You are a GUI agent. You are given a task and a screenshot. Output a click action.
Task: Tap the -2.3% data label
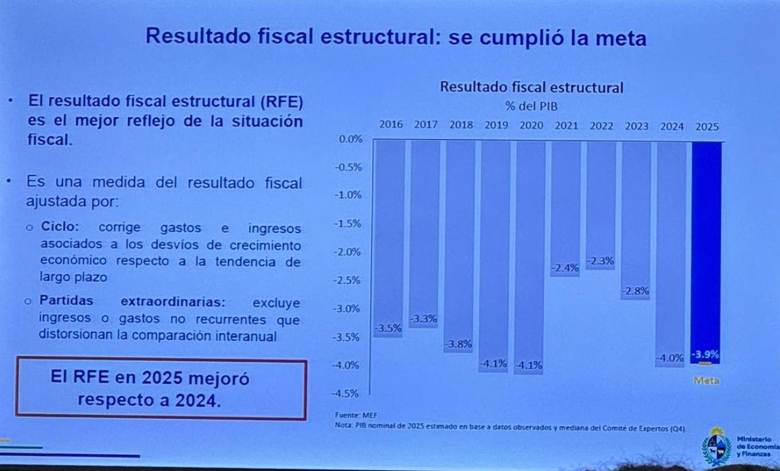tap(600, 260)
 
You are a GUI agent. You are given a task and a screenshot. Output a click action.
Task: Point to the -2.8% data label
tap(635, 291)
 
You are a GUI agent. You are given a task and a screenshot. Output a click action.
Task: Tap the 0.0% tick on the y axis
tap(350, 139)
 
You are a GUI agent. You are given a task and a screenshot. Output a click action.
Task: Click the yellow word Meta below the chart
tap(707, 381)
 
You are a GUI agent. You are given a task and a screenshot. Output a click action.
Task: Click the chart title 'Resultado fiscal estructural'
tap(532, 87)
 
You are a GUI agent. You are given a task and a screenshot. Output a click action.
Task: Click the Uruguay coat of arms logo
tap(716, 448)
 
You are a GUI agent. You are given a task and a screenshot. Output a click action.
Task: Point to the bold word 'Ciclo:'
tap(60, 228)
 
